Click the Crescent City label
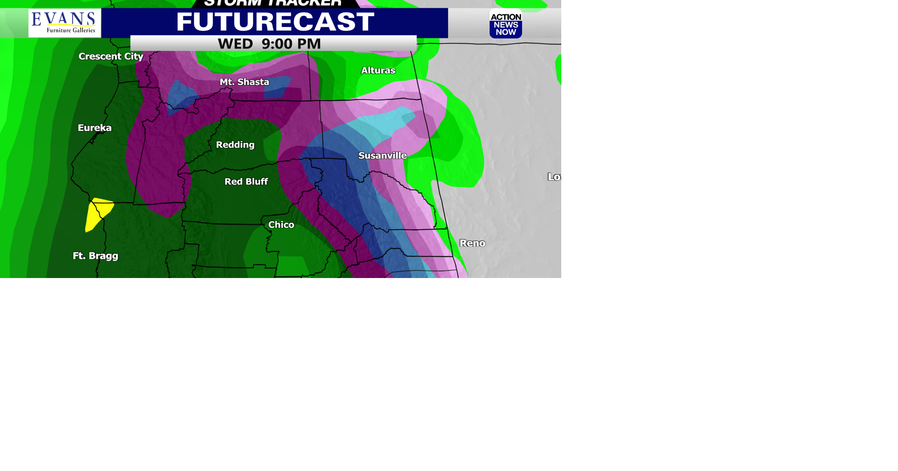pyautogui.click(x=111, y=57)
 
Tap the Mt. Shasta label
pyautogui.click(x=244, y=82)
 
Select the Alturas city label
pyautogui.click(x=378, y=71)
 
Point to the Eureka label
pyautogui.click(x=94, y=128)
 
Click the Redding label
pyautogui.click(x=235, y=145)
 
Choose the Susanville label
pyautogui.click(x=382, y=156)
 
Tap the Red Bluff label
pyautogui.click(x=246, y=182)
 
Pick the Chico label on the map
pyautogui.click(x=281, y=225)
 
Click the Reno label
pyautogui.click(x=472, y=243)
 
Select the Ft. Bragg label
pyautogui.click(x=95, y=256)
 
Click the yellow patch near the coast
pyautogui.click(x=98, y=213)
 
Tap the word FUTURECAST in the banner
pyautogui.click(x=275, y=22)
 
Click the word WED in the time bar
pyautogui.click(x=235, y=44)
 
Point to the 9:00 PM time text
pyautogui.click(x=291, y=44)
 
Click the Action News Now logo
pyautogui.click(x=506, y=24)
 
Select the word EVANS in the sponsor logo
pyautogui.click(x=64, y=19)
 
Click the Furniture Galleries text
pyautogui.click(x=71, y=30)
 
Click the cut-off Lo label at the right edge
pyautogui.click(x=554, y=177)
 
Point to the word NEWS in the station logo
pyautogui.click(x=506, y=25)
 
